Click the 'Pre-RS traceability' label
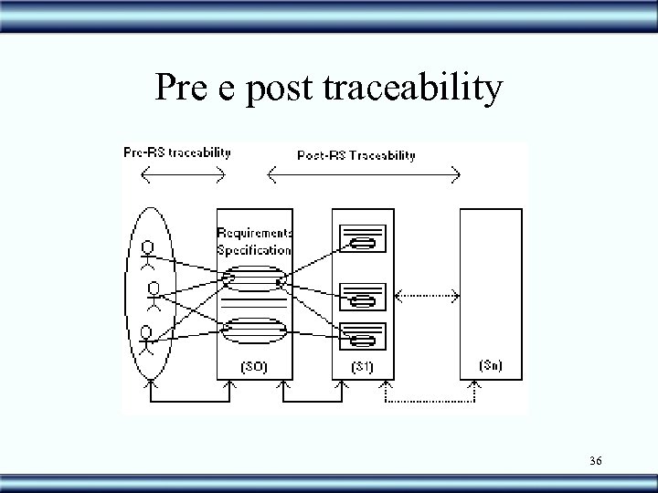[176, 152]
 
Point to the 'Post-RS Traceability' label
[356, 155]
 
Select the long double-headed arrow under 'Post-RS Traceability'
[363, 172]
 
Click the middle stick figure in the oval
[155, 296]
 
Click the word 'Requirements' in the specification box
[255, 233]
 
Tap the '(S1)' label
[362, 366]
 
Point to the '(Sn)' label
[490, 365]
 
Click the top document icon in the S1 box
[362, 239]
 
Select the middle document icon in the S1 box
[362, 297]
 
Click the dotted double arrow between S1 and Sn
[425, 295]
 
